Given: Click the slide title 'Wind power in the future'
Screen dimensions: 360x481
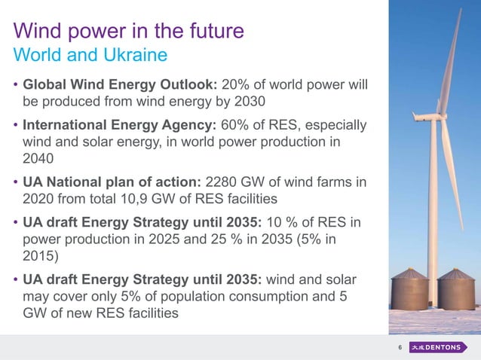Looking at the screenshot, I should click(x=129, y=32).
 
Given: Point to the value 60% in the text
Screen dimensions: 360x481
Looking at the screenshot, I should click(x=239, y=124).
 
